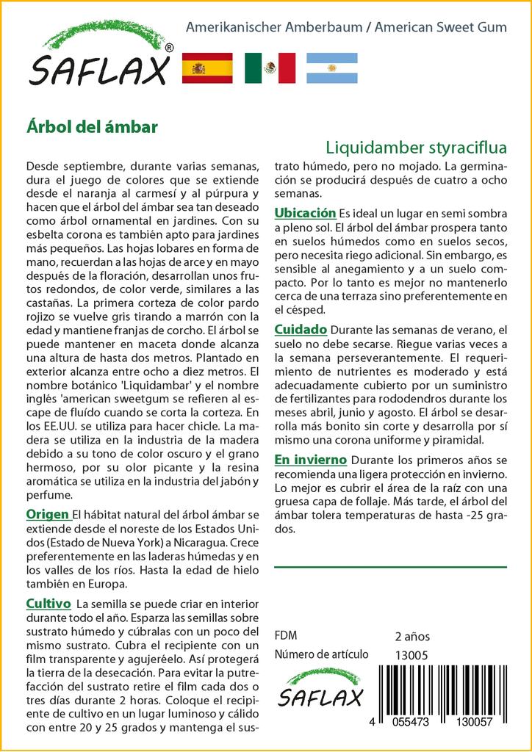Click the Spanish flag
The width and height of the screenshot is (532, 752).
(206, 68)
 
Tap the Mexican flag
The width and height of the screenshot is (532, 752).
(270, 68)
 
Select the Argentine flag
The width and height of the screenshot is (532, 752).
(331, 68)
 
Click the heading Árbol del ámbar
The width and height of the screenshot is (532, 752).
(92, 126)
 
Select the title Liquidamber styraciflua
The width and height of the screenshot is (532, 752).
(416, 145)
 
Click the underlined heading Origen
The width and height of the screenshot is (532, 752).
(48, 513)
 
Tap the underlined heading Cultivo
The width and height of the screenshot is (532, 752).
(48, 603)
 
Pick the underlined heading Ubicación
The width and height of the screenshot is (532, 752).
(305, 212)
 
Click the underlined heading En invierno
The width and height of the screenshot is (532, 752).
(310, 460)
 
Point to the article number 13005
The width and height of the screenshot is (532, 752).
(411, 655)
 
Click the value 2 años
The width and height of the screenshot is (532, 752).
(412, 636)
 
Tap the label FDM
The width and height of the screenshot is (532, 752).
(285, 636)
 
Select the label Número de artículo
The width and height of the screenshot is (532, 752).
(319, 655)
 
